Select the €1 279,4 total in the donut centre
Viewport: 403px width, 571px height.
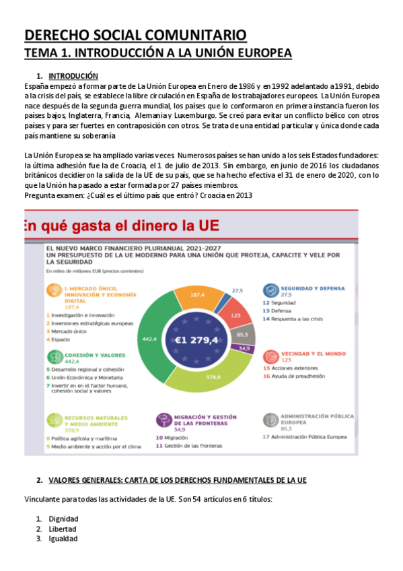coord(196,340)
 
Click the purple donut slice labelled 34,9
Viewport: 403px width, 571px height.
coord(244,348)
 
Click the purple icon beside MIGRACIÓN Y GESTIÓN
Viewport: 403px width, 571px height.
coord(163,419)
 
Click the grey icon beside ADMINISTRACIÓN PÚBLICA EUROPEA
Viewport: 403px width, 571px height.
coord(270,419)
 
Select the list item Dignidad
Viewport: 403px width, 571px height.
coord(63,518)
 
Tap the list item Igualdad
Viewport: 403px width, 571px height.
coord(63,538)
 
